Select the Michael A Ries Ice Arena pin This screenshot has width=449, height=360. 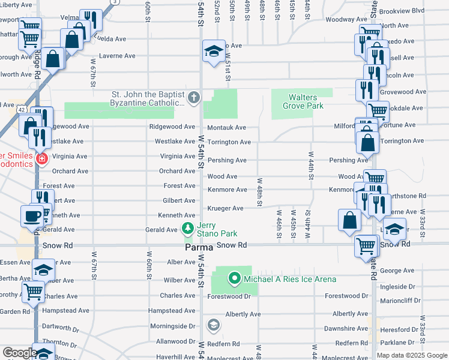234,278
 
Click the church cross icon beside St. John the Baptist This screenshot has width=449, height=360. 194,97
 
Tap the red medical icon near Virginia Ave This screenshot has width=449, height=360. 41,159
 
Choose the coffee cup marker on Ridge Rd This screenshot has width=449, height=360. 31,215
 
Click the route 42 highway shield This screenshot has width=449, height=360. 22,110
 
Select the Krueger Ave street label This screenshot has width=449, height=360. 225,208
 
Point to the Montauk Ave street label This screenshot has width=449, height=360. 226,128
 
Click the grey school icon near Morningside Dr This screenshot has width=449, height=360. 212,325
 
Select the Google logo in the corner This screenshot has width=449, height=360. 19,353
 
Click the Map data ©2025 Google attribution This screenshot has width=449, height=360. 412,355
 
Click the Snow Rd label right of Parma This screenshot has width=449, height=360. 232,245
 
